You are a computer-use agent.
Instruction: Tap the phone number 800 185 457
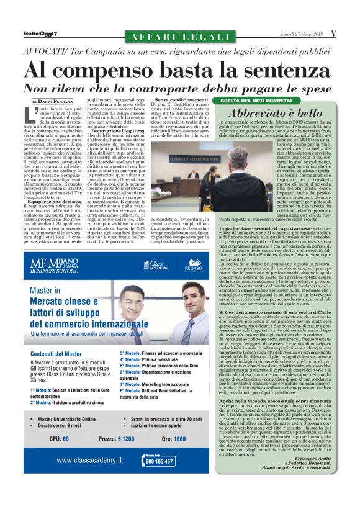[160, 462]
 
